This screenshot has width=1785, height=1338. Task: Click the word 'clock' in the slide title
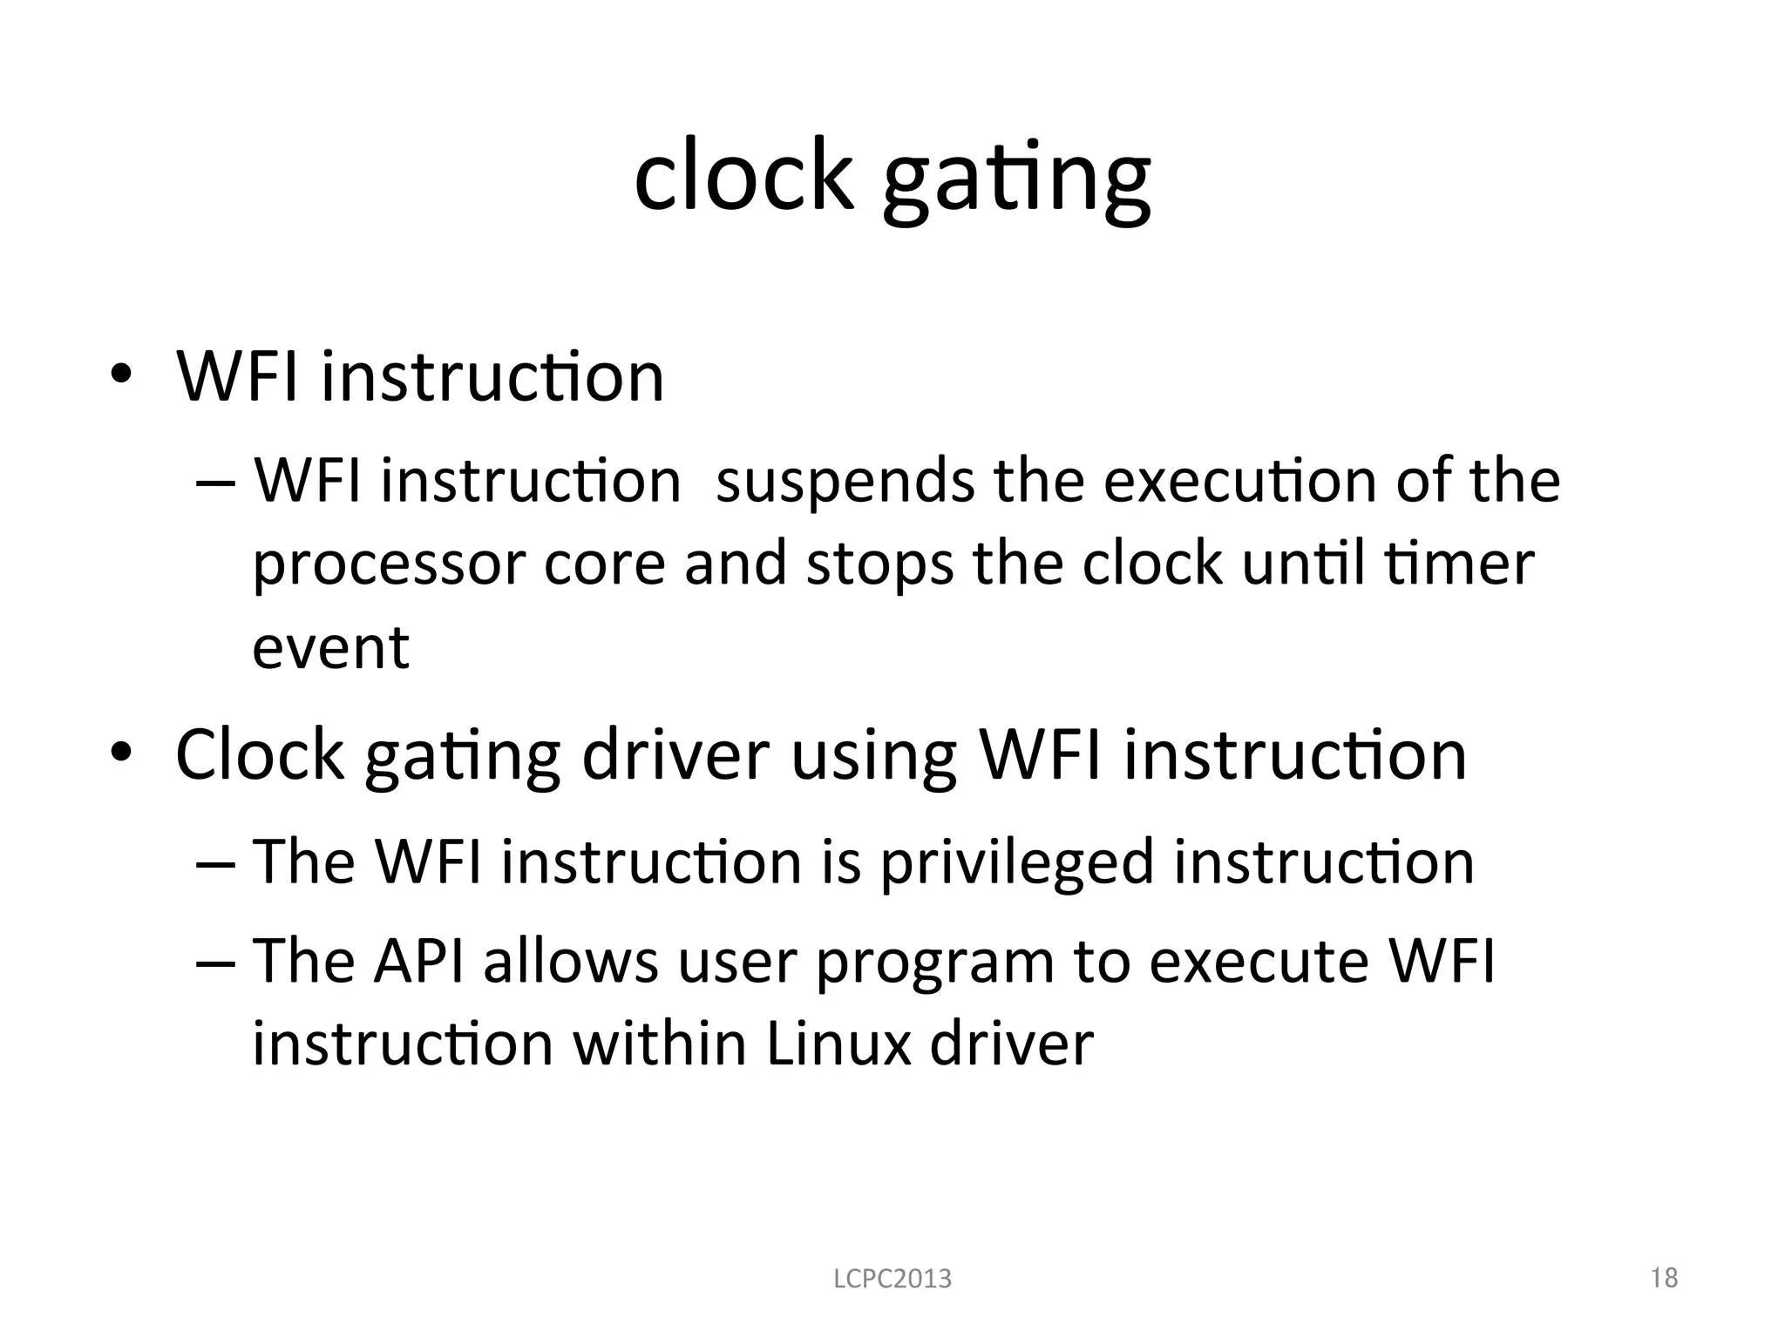tap(743, 176)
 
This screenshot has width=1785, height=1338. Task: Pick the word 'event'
tap(330, 648)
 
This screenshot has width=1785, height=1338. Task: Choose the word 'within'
tap(658, 1044)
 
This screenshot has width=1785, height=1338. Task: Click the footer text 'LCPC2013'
tap(892, 1279)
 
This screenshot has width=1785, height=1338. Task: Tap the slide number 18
tap(1664, 1277)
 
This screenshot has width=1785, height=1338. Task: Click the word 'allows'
tap(570, 961)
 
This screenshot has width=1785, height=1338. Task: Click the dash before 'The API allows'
tap(215, 963)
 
